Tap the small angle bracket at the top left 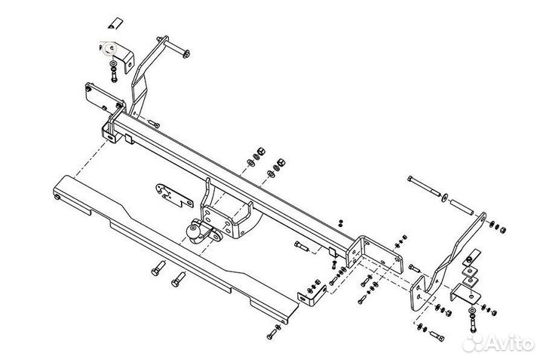coord(120,54)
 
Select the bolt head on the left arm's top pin coord(186,52)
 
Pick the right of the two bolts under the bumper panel coord(178,277)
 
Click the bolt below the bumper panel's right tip coord(272,333)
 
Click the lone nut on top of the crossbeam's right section coord(340,222)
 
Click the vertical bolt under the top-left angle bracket coord(112,73)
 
